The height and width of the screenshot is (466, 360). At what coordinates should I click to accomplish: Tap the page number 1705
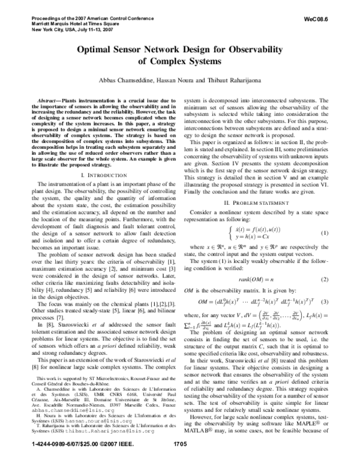click(x=180, y=461)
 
